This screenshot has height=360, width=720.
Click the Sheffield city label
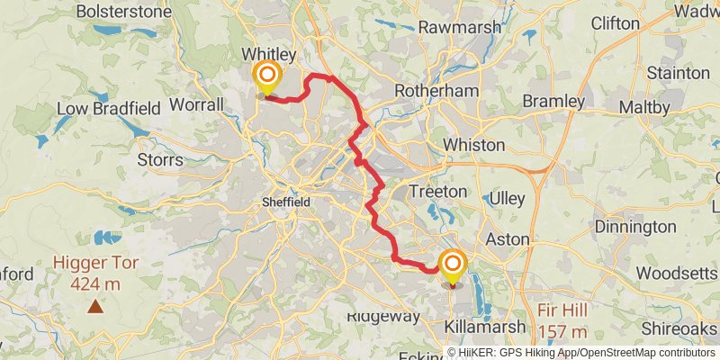tap(285, 202)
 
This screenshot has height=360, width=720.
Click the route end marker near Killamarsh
tap(452, 265)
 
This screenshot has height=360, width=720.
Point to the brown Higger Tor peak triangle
tap(94, 306)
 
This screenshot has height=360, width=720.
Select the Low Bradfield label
tap(108, 109)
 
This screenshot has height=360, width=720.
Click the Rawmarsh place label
tap(459, 27)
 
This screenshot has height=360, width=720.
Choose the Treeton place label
tap(437, 192)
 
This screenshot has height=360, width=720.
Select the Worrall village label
tap(198, 105)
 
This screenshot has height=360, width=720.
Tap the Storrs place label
tap(160, 160)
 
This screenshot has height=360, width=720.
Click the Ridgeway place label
tap(383, 317)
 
